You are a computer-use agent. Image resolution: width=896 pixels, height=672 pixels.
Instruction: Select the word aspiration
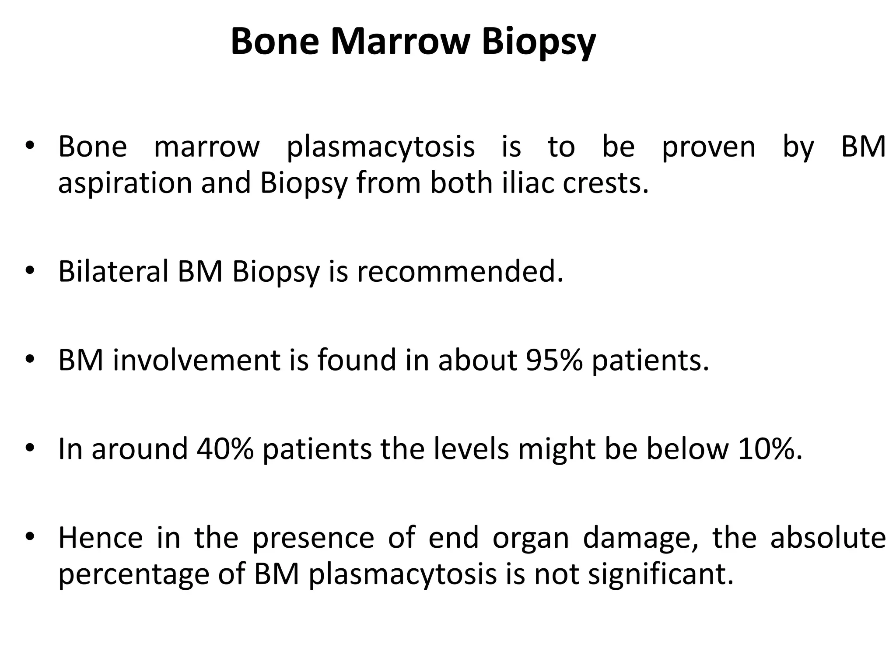coord(125,183)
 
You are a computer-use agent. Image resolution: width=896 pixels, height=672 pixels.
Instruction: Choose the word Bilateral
coord(113,271)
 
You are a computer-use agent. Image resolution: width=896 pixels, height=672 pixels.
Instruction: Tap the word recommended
coord(460,271)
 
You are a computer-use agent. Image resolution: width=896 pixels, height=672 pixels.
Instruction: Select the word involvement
coord(196,360)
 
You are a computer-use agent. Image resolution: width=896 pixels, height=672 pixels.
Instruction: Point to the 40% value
coord(225,449)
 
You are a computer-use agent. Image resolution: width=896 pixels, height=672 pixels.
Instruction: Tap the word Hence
coord(101,538)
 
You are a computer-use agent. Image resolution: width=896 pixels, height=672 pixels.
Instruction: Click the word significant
coord(660,575)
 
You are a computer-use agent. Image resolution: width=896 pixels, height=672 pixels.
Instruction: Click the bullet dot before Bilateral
coord(29,272)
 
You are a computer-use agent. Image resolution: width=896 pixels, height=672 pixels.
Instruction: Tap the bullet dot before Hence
coord(29,538)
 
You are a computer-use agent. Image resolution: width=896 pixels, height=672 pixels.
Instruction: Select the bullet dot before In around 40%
coord(29,449)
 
